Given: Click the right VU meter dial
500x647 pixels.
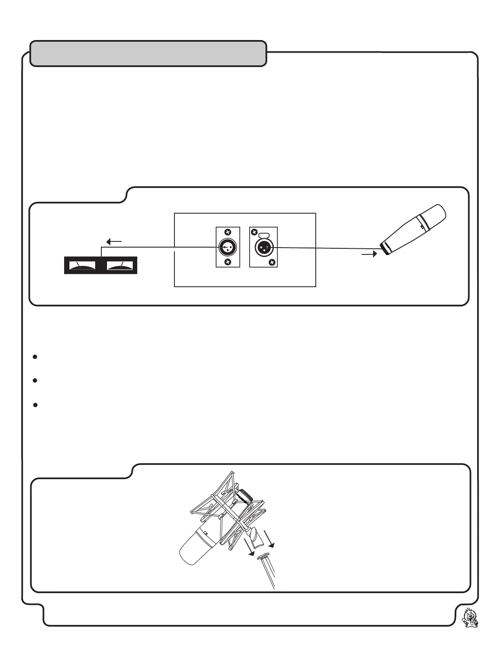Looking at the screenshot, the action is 121,265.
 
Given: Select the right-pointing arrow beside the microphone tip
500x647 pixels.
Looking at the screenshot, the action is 369,254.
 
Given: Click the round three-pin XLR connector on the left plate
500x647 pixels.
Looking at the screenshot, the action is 228,247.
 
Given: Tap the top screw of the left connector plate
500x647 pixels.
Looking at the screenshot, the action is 228,232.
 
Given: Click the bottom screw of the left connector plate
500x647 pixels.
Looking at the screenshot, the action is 228,262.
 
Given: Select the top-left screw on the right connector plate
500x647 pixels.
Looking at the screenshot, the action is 254,232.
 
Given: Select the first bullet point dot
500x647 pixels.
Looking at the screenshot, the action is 35,357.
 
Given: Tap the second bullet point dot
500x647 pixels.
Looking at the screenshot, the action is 35,381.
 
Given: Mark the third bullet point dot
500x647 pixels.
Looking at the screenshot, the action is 35,405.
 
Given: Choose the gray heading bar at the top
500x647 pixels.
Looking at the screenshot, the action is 148,54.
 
